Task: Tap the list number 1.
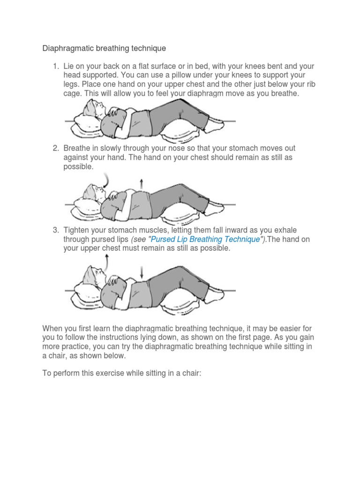click(55, 66)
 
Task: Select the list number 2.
click(55, 149)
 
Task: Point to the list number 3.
click(55, 230)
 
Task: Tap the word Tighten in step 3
click(77, 230)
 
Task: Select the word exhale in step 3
click(285, 230)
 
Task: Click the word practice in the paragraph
click(80, 347)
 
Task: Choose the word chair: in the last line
click(190, 375)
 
